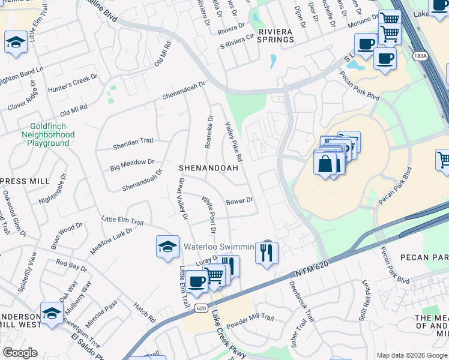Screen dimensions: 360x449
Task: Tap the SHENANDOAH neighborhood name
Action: click(x=208, y=169)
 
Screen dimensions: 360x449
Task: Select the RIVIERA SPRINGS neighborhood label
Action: click(x=267, y=35)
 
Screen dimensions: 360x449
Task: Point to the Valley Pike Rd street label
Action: click(x=234, y=142)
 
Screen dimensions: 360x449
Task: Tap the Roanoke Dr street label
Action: click(x=209, y=131)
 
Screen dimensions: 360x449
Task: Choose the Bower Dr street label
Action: click(x=240, y=201)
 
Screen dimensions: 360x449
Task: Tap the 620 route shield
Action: click(x=201, y=308)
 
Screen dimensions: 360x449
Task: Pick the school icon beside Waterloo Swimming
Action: click(x=167, y=246)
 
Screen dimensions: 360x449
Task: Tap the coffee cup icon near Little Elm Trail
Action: click(x=196, y=281)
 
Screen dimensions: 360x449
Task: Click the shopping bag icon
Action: click(x=325, y=163)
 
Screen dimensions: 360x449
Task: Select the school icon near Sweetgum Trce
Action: click(x=52, y=313)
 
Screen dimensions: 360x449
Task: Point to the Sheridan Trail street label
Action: click(x=133, y=141)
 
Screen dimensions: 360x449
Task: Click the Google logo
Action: click(x=20, y=353)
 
